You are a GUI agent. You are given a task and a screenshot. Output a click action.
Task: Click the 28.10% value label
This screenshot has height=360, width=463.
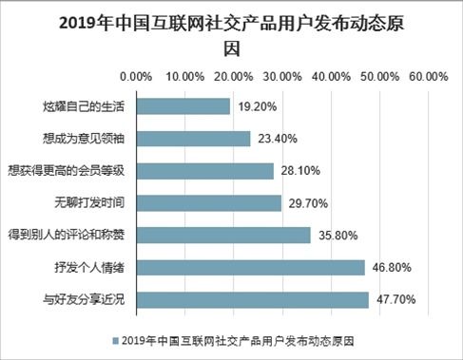(300, 171)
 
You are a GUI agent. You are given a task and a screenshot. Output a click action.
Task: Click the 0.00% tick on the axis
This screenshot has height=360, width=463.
(136, 76)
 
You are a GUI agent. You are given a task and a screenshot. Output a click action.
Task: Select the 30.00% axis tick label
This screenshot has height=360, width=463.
(282, 76)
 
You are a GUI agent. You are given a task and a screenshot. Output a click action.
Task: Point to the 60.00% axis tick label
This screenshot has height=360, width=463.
(429, 76)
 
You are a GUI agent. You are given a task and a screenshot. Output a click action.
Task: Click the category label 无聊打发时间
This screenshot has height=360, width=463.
(90, 203)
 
